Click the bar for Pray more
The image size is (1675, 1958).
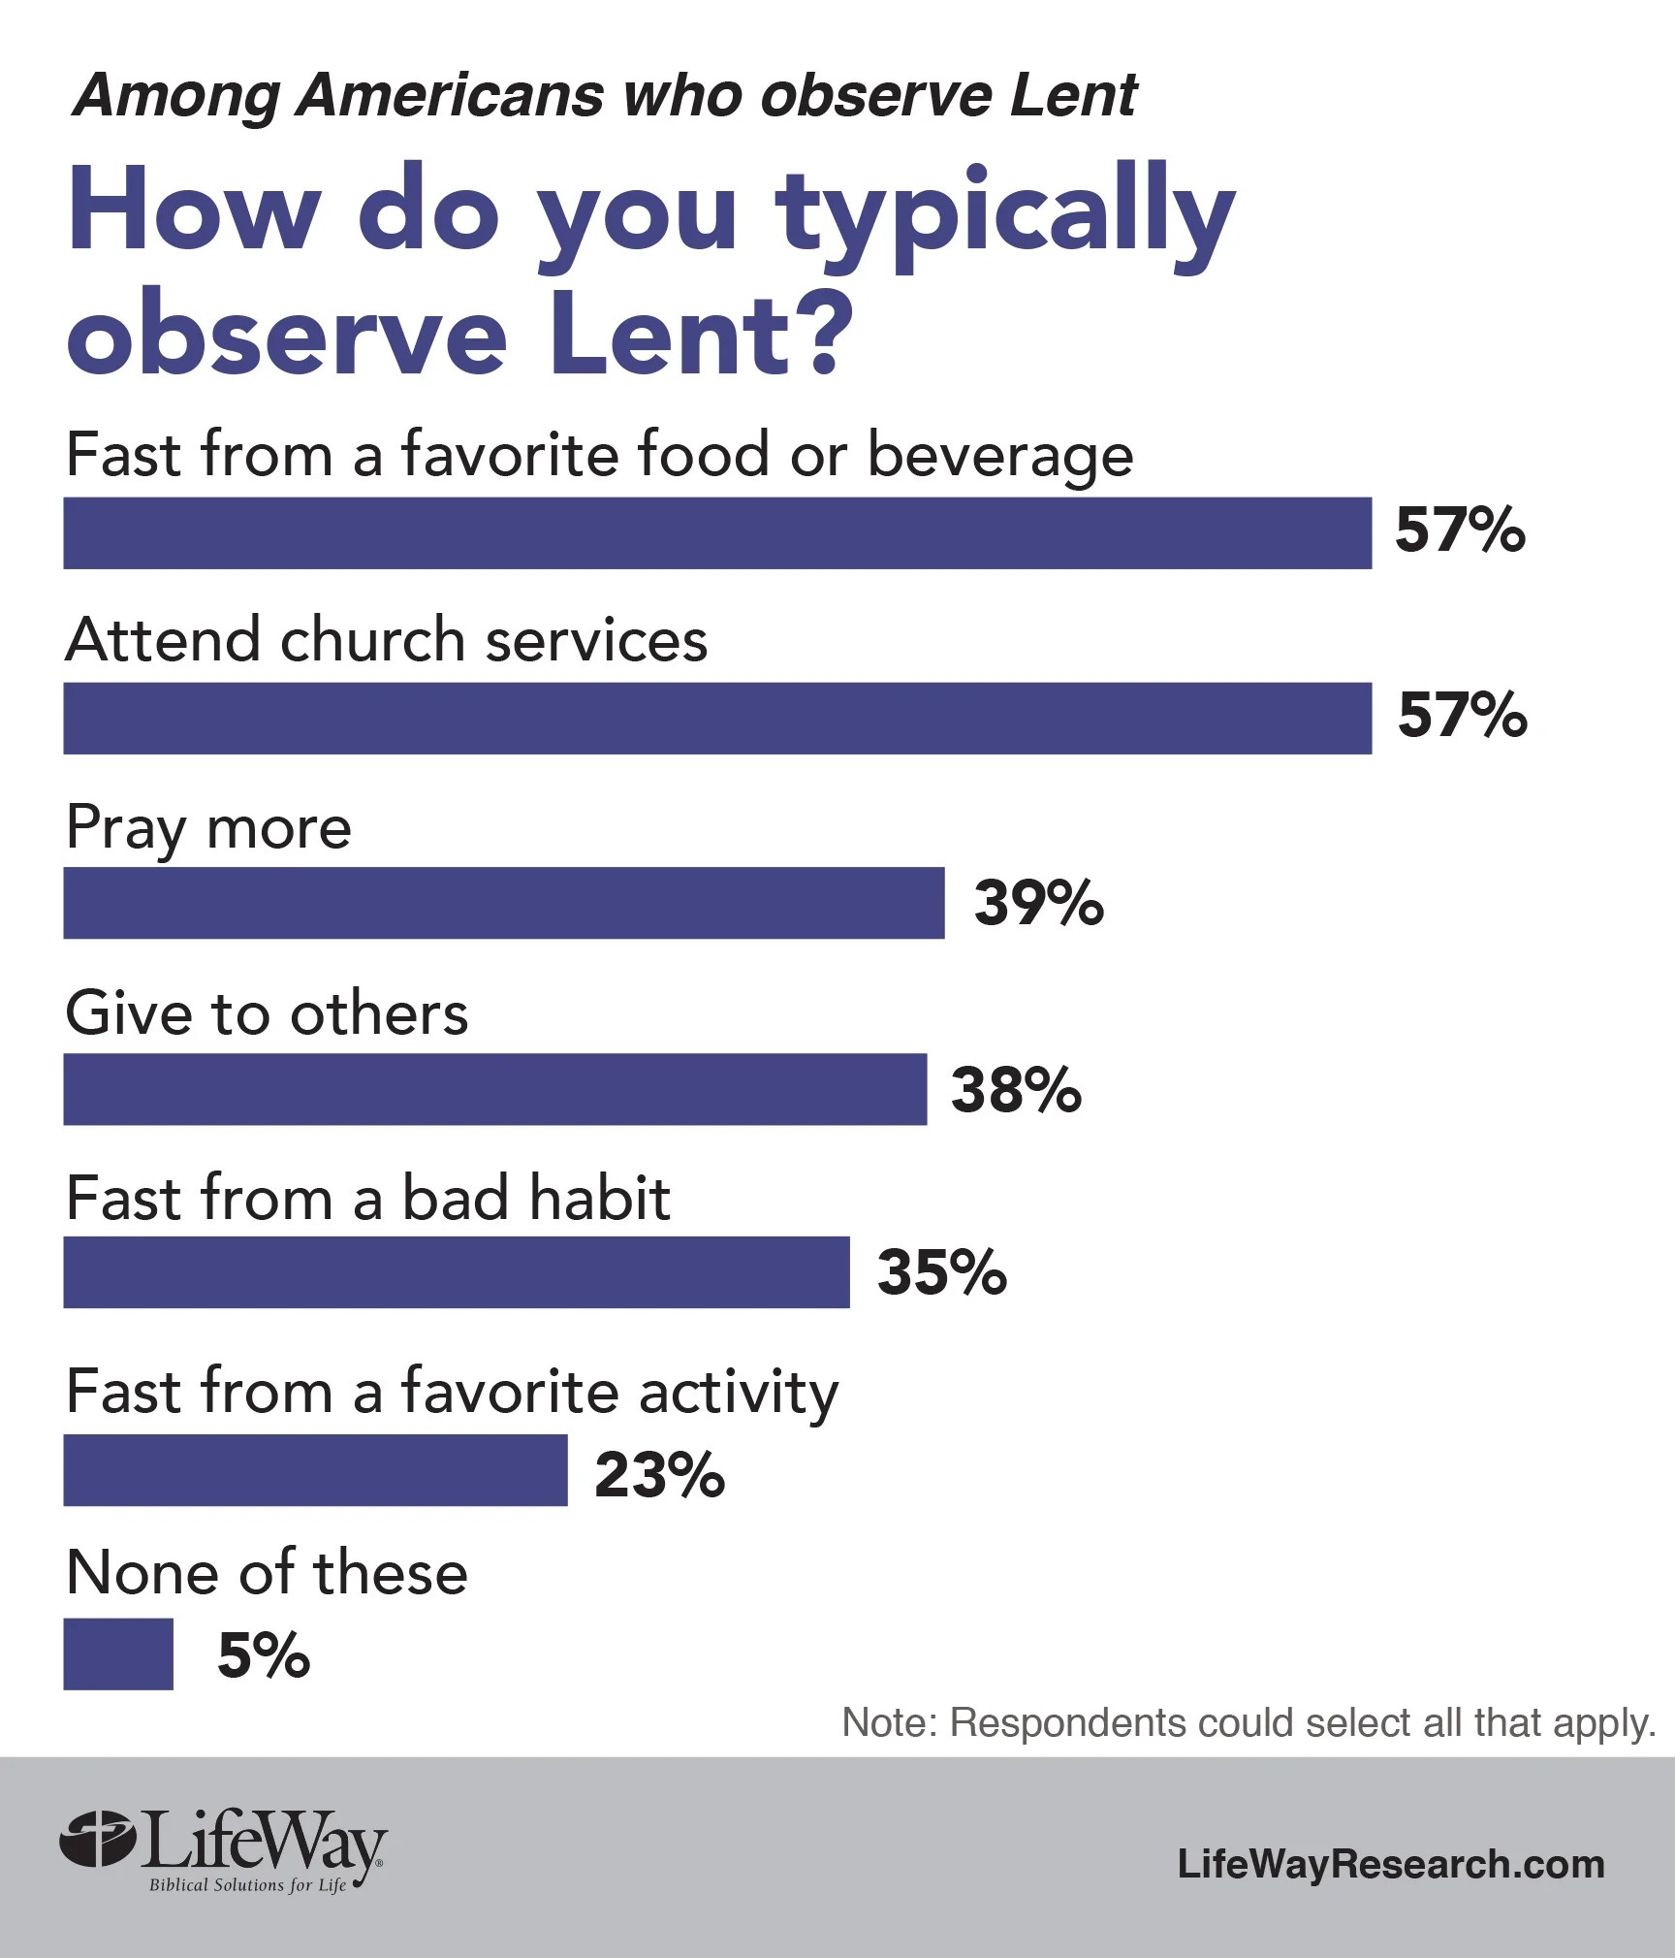coord(503,903)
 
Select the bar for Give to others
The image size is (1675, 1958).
coord(494,1089)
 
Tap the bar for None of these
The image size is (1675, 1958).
coord(118,1653)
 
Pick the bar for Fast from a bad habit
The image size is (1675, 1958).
coord(456,1271)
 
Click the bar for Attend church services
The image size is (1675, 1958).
coord(717,718)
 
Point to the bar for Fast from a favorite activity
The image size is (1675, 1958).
coord(315,1470)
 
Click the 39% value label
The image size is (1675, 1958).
coord(1038,903)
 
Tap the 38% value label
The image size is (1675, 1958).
coord(1016,1089)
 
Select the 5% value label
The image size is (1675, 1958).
coord(263,1654)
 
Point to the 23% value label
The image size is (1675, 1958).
coord(659,1475)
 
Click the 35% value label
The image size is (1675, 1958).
coord(941,1271)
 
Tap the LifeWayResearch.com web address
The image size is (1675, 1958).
coord(1391,1863)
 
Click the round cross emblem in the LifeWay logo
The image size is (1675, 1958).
coord(96,1838)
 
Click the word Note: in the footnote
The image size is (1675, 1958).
coord(889,1722)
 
